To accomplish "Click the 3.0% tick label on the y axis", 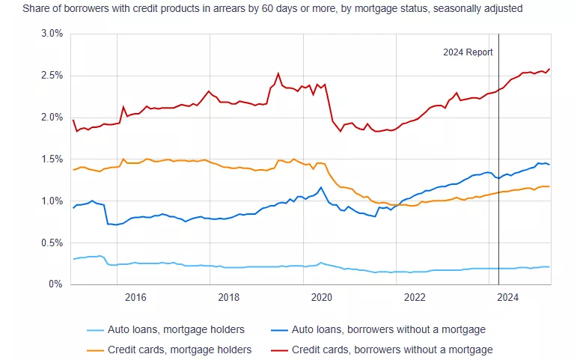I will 51,34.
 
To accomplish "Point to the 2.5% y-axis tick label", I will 51,76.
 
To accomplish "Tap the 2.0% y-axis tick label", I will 51,118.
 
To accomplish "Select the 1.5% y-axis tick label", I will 51,159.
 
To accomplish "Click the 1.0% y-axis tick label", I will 51,201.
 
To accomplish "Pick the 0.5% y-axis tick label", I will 51,242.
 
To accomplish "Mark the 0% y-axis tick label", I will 56,284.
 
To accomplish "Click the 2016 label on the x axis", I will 135,297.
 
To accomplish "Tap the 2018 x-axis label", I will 228,297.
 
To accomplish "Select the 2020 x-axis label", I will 322,297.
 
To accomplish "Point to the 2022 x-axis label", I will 415,297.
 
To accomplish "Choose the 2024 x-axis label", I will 508,297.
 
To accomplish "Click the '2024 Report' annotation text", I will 468,52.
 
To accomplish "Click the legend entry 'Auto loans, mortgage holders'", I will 174,330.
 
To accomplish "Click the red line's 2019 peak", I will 278,73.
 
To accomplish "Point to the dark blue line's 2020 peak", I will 321,187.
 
